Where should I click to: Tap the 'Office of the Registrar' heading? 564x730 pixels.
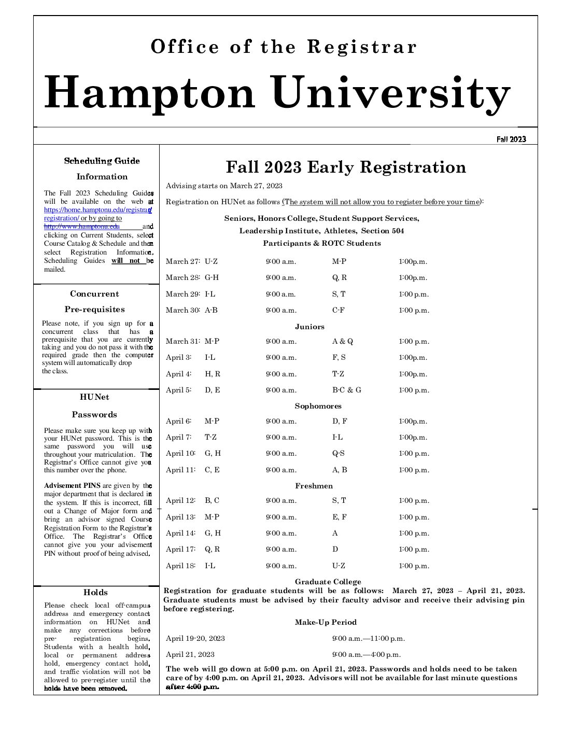click(284, 47)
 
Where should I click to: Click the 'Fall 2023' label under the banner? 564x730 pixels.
click(511, 139)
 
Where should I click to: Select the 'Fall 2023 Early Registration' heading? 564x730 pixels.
click(346, 167)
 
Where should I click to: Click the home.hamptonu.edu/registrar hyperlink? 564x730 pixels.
click(97, 210)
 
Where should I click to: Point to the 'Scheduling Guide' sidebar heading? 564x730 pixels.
click(102, 161)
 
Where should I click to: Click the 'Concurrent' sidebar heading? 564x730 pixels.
click(94, 294)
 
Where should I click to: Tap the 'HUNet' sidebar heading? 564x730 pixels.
click(94, 397)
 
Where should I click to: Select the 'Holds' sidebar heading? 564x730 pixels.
click(95, 592)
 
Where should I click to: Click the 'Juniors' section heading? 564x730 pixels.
click(309, 327)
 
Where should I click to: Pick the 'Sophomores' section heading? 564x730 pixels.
click(318, 406)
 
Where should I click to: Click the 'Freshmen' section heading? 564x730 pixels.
click(314, 486)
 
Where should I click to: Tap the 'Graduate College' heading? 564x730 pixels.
click(328, 582)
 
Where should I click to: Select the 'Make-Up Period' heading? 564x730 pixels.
click(326, 622)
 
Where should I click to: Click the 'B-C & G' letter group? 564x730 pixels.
click(346, 390)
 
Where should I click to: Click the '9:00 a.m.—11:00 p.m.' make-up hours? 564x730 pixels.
click(368, 638)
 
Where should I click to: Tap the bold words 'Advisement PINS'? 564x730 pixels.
click(72, 486)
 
